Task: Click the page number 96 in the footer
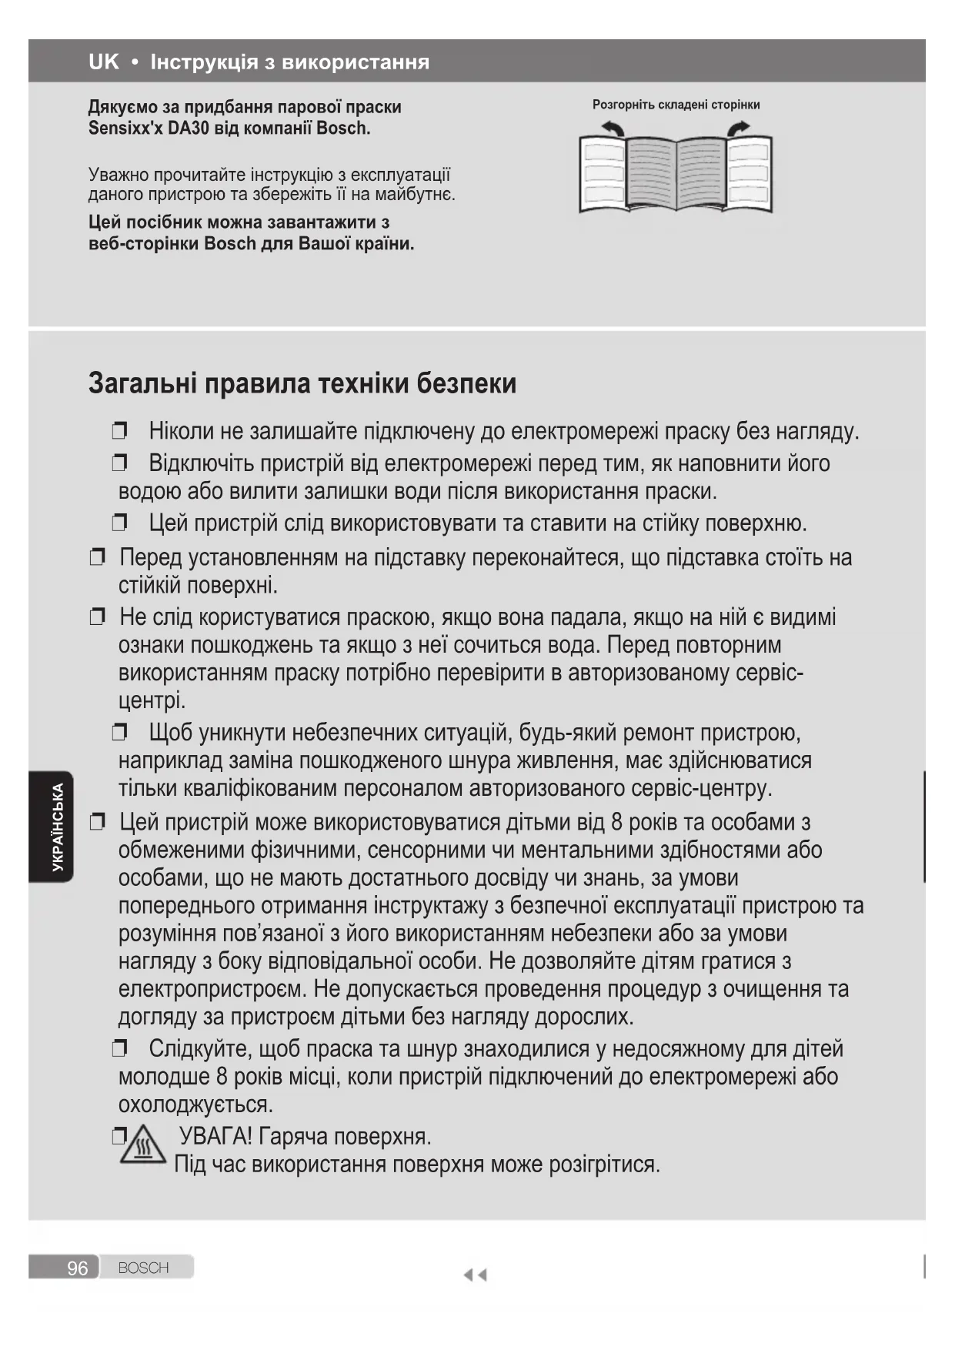click(77, 1268)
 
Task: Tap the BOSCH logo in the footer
click(144, 1268)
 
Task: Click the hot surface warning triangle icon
click(144, 1144)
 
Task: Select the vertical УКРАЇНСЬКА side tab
click(58, 827)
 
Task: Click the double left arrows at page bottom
click(475, 1275)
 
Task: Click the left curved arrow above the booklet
click(613, 129)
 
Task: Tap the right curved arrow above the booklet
click(738, 129)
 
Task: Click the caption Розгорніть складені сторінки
click(676, 105)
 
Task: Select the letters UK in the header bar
click(104, 62)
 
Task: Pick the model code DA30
click(189, 129)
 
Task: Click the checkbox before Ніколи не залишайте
click(119, 430)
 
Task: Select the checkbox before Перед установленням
click(97, 556)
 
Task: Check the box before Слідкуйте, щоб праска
click(119, 1048)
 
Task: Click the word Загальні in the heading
click(143, 383)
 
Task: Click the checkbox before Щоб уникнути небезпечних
click(119, 732)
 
